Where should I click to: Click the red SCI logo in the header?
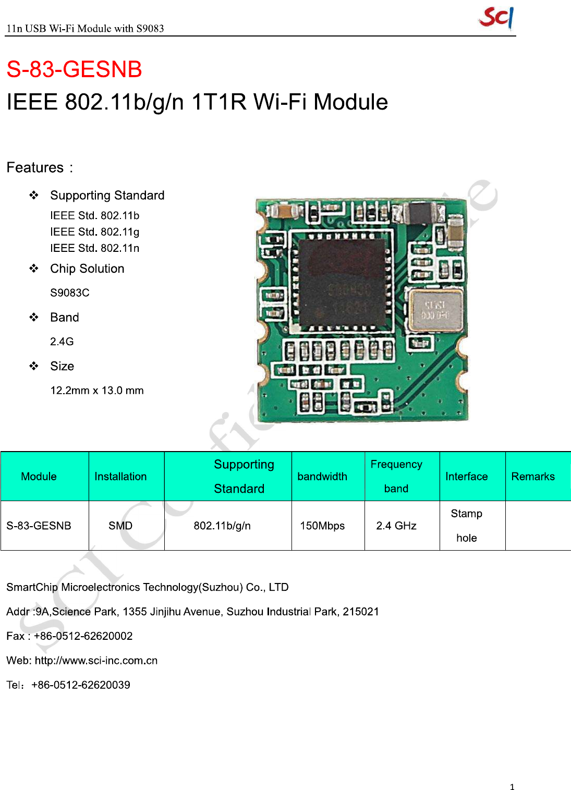coord(496,18)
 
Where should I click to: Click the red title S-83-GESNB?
coord(74,69)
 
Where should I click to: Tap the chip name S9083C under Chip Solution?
coord(70,293)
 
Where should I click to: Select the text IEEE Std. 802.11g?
coord(95,232)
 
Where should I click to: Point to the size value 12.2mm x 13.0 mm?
coord(97,390)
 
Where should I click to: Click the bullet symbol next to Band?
coord(34,317)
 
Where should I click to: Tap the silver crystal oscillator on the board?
coord(435,310)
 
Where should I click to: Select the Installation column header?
coord(120,476)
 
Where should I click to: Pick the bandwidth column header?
coord(322,476)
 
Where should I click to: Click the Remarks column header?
coord(533,476)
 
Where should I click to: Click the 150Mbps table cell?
coord(322,526)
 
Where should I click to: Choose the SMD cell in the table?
coord(120,526)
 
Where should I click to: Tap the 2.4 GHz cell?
coord(396,526)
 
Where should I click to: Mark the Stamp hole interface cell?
coord(467,526)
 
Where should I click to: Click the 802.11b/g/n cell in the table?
coord(222,526)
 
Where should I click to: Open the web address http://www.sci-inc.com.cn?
coord(96,660)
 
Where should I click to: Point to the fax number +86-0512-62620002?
coord(83,636)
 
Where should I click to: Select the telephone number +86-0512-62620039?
coord(81,685)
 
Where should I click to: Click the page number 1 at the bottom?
coord(512,787)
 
